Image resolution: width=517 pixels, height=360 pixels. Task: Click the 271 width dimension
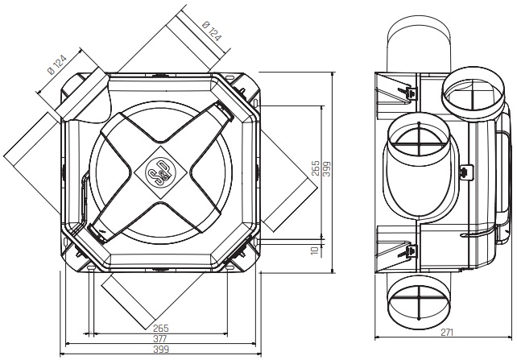(447, 332)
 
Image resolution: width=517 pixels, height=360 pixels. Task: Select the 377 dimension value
(160, 338)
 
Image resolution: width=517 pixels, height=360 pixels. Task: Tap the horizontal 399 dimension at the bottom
(160, 349)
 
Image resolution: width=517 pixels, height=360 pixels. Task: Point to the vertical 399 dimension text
(326, 169)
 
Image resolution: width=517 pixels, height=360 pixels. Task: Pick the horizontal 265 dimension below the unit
(161, 328)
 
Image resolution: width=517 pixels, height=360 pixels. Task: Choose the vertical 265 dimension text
(316, 168)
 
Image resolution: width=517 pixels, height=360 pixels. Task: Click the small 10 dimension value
(315, 250)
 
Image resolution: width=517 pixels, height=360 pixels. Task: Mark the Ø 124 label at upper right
(211, 31)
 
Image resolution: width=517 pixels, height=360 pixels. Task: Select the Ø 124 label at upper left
(57, 64)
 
